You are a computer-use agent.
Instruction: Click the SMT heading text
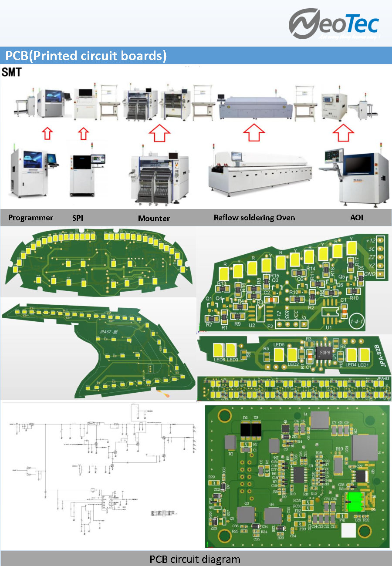pyautogui.click(x=11, y=72)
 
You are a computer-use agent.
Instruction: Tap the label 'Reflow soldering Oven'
pyautogui.click(x=254, y=218)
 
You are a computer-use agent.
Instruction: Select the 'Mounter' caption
pyautogui.click(x=154, y=218)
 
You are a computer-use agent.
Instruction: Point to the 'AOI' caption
pyautogui.click(x=357, y=218)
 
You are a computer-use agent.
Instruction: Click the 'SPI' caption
pyautogui.click(x=78, y=218)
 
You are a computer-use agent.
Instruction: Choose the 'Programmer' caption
pyautogui.click(x=30, y=218)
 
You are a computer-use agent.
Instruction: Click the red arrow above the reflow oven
pyautogui.click(x=253, y=132)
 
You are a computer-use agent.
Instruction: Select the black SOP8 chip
pyautogui.click(x=325, y=351)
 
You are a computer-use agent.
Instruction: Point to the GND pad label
pyautogui.click(x=371, y=274)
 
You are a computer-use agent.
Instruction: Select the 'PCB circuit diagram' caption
pyautogui.click(x=195, y=559)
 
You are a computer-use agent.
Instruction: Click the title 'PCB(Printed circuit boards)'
pyautogui.click(x=86, y=56)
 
